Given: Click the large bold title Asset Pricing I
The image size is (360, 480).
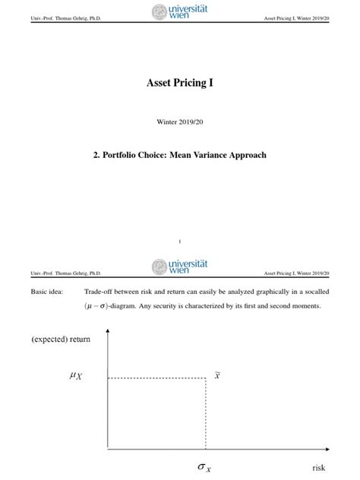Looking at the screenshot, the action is (x=179, y=82).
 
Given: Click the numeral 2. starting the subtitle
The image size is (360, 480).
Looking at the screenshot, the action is (x=96, y=155).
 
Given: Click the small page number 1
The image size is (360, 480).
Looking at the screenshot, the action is (x=179, y=241).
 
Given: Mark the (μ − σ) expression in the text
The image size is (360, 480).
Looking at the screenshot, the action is (x=103, y=306).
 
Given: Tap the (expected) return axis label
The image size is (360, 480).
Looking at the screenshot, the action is (x=61, y=339).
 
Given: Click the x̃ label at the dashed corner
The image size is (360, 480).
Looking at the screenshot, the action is (x=217, y=375).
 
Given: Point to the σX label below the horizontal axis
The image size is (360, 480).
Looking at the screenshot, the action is (x=204, y=468).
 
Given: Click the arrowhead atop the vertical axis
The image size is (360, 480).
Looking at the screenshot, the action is (x=108, y=333).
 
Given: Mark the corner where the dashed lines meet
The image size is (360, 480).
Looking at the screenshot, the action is (x=207, y=377).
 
